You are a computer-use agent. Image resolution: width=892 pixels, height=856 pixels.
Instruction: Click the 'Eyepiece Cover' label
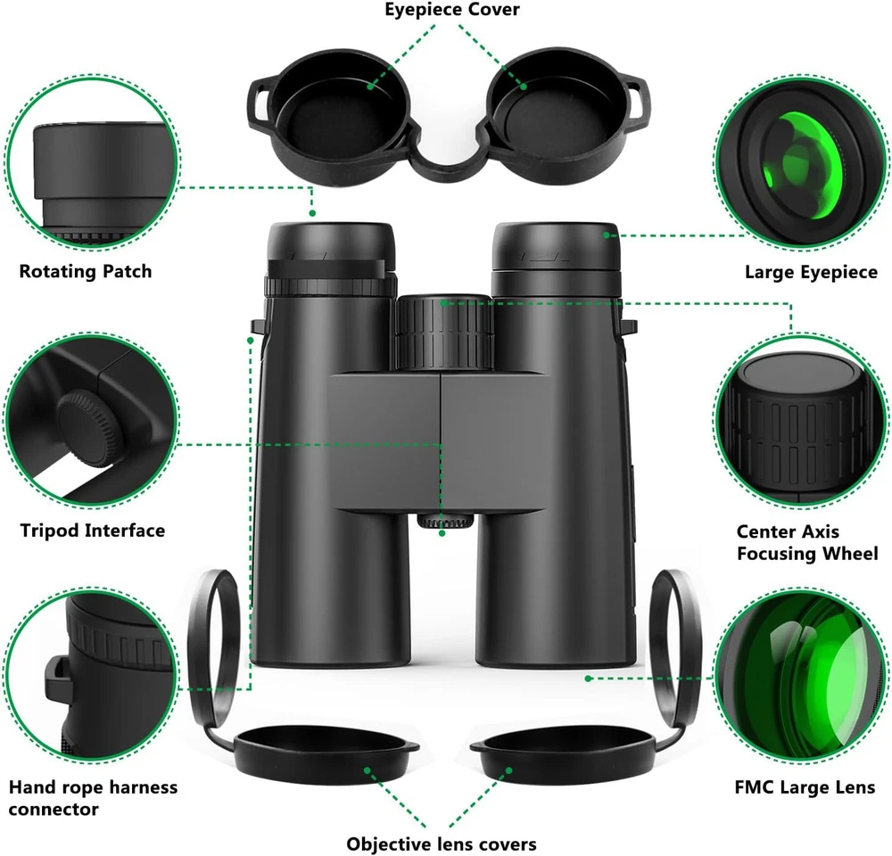pos(451,10)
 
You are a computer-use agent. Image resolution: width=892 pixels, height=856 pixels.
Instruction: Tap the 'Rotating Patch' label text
pos(86,271)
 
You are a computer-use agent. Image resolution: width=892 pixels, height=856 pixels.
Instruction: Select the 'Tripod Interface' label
pos(93,531)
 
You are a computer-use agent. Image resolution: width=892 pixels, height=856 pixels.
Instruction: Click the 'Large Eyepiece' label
pos(811,273)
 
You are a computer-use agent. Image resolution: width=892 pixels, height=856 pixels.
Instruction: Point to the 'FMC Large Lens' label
pos(805,787)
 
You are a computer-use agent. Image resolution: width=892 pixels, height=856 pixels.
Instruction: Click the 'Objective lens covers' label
pos(442,844)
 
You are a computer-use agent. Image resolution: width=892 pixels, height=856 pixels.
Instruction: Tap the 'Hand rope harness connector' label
pos(93,798)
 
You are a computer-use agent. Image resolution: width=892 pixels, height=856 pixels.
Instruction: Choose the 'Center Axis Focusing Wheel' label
pos(807,543)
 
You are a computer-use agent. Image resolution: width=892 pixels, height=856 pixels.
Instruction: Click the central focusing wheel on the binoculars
pos(444,333)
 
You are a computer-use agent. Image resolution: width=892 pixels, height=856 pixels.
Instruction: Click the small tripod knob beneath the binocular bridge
pos(445,521)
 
